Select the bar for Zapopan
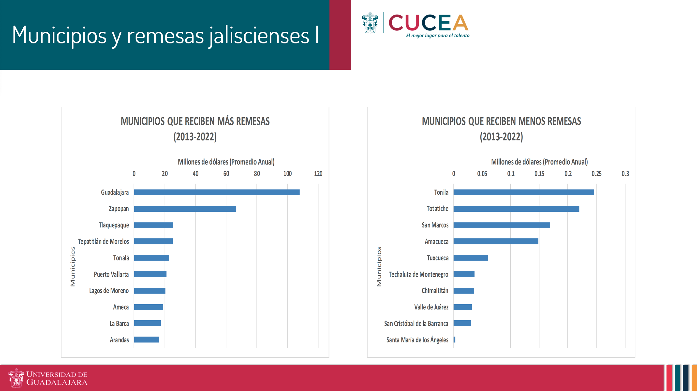tap(185, 209)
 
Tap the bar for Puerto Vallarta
tap(150, 274)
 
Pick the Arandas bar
tap(146, 340)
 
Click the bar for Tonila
tap(524, 192)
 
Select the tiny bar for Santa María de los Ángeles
tap(455, 340)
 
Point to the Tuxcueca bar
tap(471, 258)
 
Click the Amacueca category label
tap(436, 242)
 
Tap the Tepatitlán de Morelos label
tap(103, 242)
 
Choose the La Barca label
tap(119, 324)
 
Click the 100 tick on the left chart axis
tap(287, 174)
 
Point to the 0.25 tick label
tap(596, 174)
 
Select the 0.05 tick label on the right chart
tap(482, 174)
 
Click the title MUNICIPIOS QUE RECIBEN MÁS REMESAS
tap(195, 121)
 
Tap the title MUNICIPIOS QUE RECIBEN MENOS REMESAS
tap(501, 121)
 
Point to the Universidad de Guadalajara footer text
tap(57, 378)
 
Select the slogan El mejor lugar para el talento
tap(438, 36)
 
